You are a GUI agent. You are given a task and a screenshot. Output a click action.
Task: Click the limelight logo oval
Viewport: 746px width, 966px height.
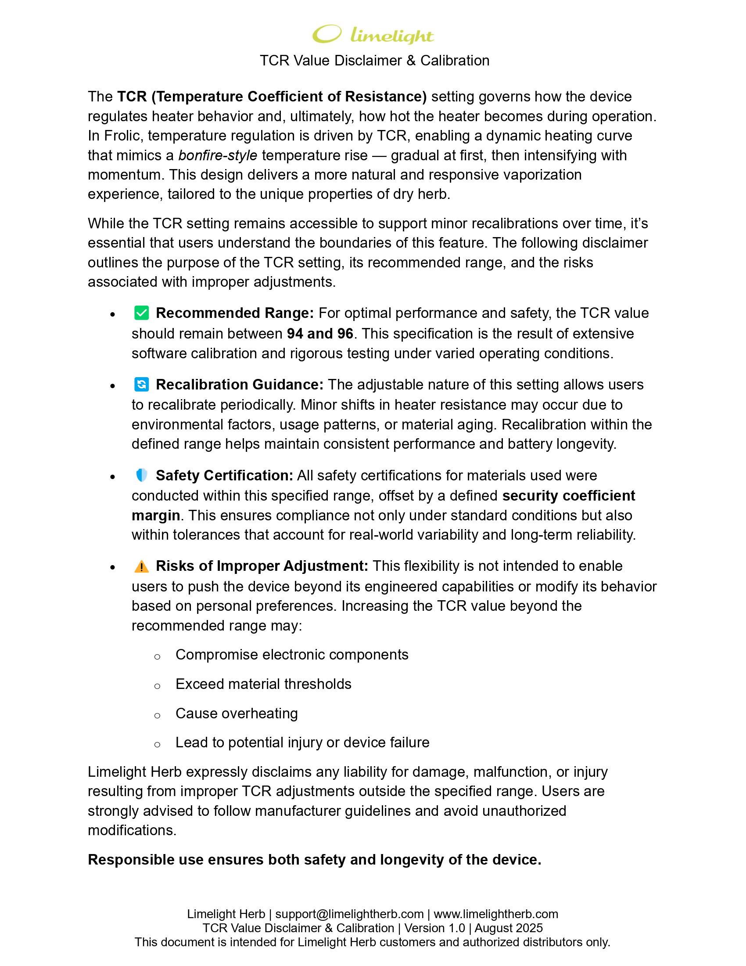coord(326,34)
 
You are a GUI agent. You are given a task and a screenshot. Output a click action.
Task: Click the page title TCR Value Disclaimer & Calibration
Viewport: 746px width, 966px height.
coord(374,61)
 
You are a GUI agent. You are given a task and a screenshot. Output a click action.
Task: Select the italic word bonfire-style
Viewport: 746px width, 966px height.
coord(217,155)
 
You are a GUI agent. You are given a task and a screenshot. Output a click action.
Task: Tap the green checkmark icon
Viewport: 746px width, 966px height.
coord(141,313)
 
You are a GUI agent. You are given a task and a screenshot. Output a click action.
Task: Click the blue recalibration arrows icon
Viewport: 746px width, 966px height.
coord(141,384)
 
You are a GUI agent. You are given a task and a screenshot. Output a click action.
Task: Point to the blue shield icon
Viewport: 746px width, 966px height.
coord(141,475)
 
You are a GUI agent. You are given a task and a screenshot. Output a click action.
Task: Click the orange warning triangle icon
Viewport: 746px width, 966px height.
coord(141,566)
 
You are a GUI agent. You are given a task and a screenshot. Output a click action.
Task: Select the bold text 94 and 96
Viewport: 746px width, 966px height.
coord(320,334)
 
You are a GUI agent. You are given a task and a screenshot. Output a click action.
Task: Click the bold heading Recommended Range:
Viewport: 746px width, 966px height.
coord(235,313)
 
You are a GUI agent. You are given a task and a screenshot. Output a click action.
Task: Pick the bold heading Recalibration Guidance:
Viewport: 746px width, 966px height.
coord(240,385)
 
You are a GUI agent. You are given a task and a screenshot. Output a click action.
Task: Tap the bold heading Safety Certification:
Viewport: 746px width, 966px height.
coord(225,476)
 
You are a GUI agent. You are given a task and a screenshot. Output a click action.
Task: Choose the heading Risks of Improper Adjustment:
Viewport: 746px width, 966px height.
coord(262,566)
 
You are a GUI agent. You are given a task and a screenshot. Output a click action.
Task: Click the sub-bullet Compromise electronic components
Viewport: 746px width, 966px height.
coord(292,655)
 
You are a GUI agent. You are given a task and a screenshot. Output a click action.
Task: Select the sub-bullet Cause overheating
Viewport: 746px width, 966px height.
coord(237,714)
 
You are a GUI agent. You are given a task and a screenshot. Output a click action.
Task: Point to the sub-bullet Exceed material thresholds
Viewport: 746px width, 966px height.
coord(263,684)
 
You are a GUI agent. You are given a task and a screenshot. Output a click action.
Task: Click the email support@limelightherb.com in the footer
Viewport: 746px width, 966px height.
coord(349,914)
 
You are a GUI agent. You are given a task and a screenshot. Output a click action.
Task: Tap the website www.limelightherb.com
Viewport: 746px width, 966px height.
coord(496,914)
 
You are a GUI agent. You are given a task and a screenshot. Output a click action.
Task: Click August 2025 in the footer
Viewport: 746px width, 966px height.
coord(508,928)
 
